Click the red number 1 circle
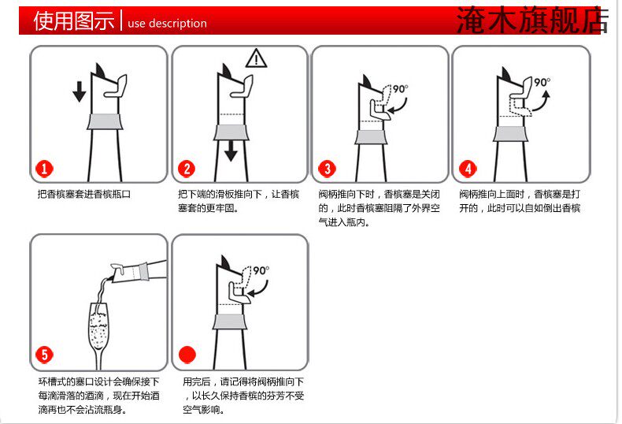[x=44, y=169]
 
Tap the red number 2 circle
[x=187, y=169]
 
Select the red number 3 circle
[x=328, y=169]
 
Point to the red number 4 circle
[x=468, y=169]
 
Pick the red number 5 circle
[x=44, y=355]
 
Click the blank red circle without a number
[x=187, y=354]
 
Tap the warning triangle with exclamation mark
[x=256, y=58]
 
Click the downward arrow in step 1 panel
[x=80, y=91]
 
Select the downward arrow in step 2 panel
[x=231, y=151]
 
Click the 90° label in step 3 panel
[x=401, y=89]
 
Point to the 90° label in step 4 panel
[x=542, y=83]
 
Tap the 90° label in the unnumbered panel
[x=261, y=271]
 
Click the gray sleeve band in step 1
[x=105, y=121]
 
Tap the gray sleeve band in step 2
[x=231, y=132]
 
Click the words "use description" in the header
[x=167, y=23]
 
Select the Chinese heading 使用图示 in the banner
[x=74, y=20]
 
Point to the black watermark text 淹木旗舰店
[x=532, y=20]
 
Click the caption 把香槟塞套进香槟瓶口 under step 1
[x=84, y=194]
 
